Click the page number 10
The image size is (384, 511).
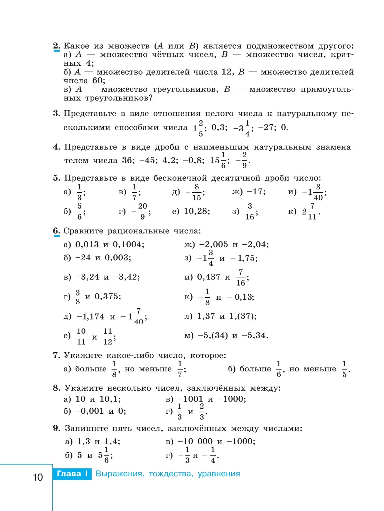click(38, 477)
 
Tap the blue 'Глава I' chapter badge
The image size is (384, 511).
click(72, 474)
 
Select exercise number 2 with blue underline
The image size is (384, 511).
click(56, 46)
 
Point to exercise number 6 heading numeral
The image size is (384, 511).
click(56, 231)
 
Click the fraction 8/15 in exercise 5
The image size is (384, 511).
click(196, 192)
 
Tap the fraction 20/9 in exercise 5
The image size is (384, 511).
click(142, 211)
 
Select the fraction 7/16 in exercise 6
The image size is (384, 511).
click(241, 278)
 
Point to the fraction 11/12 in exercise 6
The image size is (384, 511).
click(108, 337)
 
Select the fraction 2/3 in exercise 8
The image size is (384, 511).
click(202, 411)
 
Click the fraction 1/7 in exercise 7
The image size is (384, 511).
click(180, 369)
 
